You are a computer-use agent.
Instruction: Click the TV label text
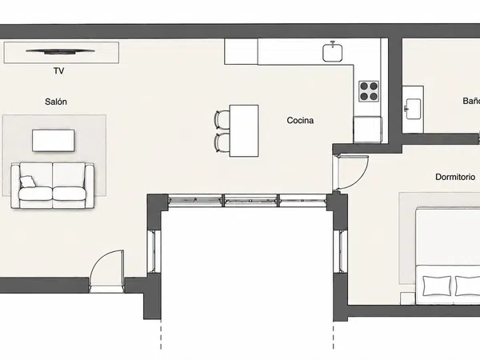[58, 71]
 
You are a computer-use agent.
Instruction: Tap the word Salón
[56, 102]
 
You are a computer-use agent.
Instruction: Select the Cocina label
[300, 120]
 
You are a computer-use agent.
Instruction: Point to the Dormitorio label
[455, 177]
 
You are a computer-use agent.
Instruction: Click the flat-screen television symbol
[60, 51]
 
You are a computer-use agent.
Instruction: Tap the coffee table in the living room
[54, 141]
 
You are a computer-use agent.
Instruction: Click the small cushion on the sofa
[28, 182]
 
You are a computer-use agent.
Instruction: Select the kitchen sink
[333, 52]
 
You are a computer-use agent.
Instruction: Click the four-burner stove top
[369, 91]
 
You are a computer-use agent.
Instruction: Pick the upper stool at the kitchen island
[222, 120]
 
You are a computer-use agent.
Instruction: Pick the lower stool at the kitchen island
[222, 142]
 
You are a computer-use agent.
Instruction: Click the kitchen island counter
[244, 130]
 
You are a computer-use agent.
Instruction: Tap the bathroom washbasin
[413, 109]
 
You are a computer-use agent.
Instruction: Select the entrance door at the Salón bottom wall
[107, 270]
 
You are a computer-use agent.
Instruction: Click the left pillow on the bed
[437, 286]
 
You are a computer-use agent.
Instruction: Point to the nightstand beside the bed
[408, 298]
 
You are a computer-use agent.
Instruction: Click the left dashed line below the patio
[161, 335]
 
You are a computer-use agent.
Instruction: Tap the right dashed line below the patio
[334, 335]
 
